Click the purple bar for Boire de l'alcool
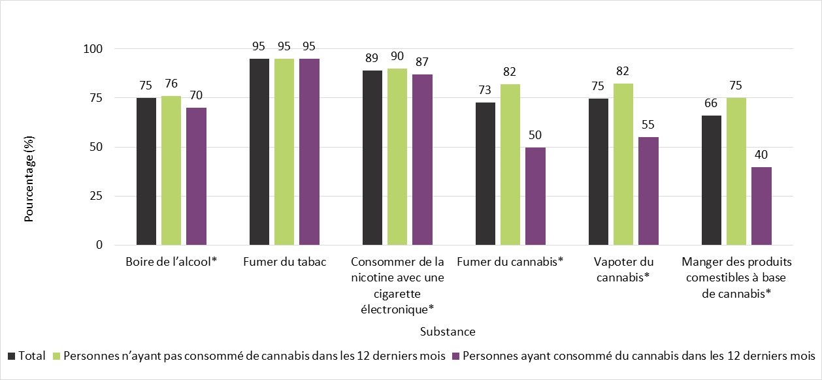pyautogui.click(x=196, y=176)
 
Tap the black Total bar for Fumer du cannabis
pyautogui.click(x=485, y=174)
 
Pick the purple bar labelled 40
pyautogui.click(x=761, y=206)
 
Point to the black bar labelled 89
pyautogui.click(x=372, y=157)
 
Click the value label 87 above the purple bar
pyautogui.click(x=421, y=61)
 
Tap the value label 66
pyautogui.click(x=712, y=103)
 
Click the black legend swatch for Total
pyautogui.click(x=12, y=356)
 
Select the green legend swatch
pyautogui.click(x=57, y=356)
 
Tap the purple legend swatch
pyautogui.click(x=457, y=356)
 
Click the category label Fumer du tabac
pyautogui.click(x=284, y=262)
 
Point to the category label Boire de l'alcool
pyautogui.click(x=171, y=262)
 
